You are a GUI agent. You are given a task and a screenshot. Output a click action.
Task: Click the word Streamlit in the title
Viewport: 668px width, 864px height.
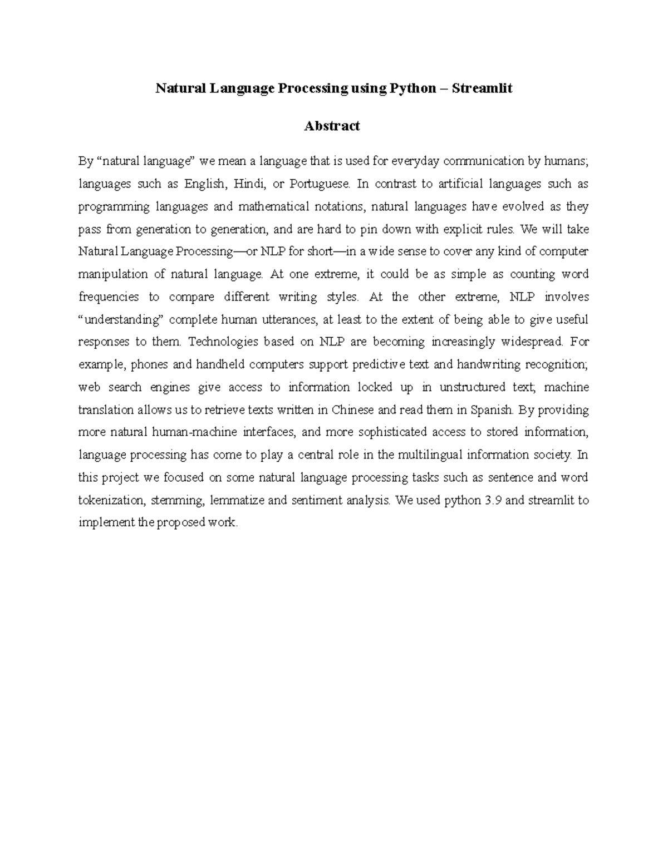(482, 88)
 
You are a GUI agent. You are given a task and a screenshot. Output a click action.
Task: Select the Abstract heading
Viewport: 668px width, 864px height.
(332, 126)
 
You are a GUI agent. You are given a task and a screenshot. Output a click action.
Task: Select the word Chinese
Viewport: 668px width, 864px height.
(353, 410)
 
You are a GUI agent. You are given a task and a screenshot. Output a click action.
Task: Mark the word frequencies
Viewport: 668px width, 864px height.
(109, 297)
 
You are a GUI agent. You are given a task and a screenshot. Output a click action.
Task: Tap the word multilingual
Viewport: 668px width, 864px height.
(431, 455)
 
